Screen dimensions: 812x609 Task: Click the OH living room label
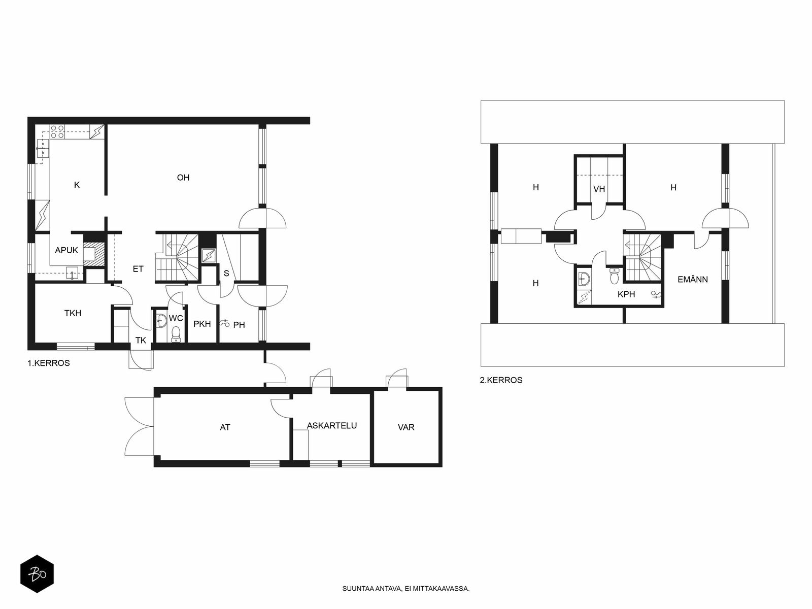(x=183, y=178)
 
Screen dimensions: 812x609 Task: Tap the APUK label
(x=66, y=250)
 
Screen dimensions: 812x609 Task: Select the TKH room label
(x=73, y=313)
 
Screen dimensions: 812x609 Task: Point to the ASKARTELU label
(x=332, y=426)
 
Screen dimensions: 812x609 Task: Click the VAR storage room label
(x=406, y=427)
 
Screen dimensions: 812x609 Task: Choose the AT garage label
(x=225, y=427)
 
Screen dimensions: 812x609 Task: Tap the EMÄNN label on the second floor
(x=693, y=280)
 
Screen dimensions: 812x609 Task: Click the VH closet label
(x=599, y=189)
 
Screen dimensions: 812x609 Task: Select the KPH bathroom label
(x=626, y=294)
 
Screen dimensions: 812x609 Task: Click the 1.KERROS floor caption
(x=48, y=363)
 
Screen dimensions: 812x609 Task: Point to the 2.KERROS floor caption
(x=501, y=380)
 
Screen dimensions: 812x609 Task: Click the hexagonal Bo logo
(x=37, y=573)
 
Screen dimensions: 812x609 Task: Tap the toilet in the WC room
(x=176, y=334)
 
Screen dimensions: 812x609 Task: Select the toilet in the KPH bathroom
(x=614, y=276)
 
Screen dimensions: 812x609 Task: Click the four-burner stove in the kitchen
(x=57, y=132)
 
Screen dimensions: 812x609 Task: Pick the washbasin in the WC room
(x=161, y=321)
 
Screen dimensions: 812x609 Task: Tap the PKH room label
(x=202, y=324)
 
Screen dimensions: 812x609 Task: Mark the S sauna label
(x=226, y=273)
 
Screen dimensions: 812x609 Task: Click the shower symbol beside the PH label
(x=224, y=323)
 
